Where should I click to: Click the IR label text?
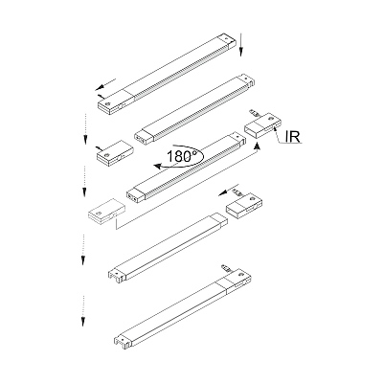click(x=293, y=136)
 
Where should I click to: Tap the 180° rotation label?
click(x=181, y=156)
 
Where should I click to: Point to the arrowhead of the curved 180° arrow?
click(x=157, y=166)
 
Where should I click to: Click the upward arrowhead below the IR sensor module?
click(x=257, y=146)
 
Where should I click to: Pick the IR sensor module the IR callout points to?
click(x=262, y=124)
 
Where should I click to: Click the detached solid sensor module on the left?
click(x=115, y=153)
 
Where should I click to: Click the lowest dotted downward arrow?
click(x=83, y=310)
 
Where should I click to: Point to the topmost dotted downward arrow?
click(x=85, y=128)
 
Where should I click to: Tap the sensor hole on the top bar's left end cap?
click(x=108, y=103)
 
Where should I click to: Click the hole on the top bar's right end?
click(x=228, y=37)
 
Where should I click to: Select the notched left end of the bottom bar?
click(x=122, y=341)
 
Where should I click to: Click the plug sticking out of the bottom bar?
click(x=226, y=267)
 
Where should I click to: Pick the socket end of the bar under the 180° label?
click(x=136, y=196)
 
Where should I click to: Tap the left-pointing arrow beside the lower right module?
click(x=229, y=190)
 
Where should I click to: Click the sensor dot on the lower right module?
click(x=253, y=198)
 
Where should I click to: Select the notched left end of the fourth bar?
click(x=117, y=276)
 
